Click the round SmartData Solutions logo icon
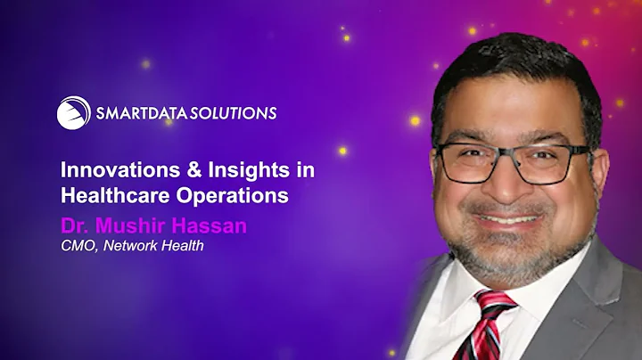point(73,113)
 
